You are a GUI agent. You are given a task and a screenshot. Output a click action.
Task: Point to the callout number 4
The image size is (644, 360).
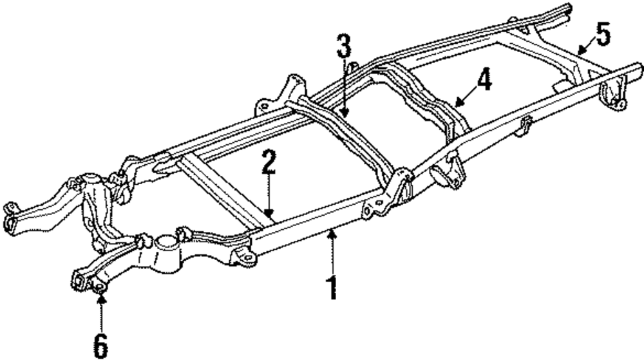pyautogui.click(x=483, y=80)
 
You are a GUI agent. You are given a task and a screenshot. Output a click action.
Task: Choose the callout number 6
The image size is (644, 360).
pyautogui.click(x=100, y=345)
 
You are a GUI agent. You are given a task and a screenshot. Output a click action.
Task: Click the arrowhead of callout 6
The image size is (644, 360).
pyautogui.click(x=100, y=298)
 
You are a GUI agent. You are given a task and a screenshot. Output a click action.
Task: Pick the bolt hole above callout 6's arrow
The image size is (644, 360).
pyautogui.click(x=100, y=289)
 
